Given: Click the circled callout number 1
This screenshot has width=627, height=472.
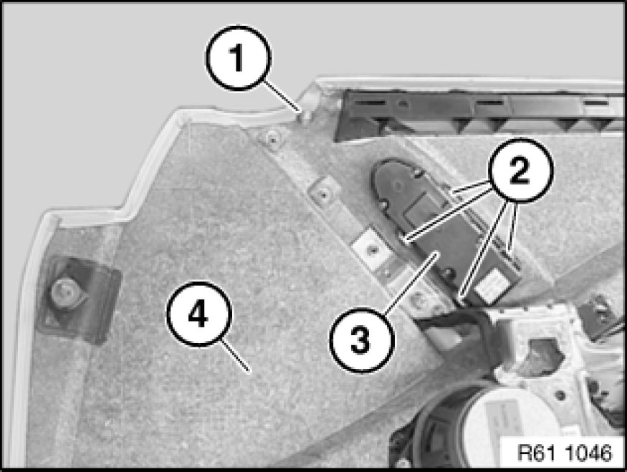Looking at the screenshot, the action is pos(239,58).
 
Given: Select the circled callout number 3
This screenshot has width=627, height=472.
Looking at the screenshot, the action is pos(361,341).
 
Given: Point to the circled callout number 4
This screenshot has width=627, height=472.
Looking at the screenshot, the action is pos(198,314).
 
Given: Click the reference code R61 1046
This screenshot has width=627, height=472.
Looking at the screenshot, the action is pos(565,453).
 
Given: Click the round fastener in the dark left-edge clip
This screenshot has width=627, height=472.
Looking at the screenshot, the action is pos(64,291).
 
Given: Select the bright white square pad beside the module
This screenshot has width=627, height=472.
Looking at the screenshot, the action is pos(370,250).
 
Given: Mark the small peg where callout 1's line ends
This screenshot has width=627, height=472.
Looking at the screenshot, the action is pos(305,117).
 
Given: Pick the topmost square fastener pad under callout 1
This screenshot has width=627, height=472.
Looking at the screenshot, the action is pos(272,140).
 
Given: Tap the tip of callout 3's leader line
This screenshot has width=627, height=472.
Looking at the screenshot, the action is pos(439,254).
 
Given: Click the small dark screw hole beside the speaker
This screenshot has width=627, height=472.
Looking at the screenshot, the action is pos(560,395).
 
